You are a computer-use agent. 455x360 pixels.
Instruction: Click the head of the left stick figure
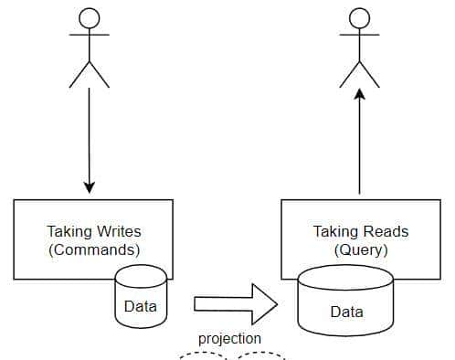[x=89, y=18]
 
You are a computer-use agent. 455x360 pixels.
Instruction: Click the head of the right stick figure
[x=358, y=18]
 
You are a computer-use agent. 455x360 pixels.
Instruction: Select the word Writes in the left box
[x=118, y=232]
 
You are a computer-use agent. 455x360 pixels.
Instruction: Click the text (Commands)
[x=94, y=249]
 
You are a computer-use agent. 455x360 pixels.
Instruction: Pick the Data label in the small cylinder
[x=140, y=306]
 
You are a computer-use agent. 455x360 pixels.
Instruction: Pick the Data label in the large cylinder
[x=346, y=312]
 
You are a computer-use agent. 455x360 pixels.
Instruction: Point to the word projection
[x=229, y=339]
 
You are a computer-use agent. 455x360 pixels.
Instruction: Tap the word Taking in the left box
[x=69, y=232]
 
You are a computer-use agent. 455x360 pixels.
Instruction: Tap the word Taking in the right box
[x=334, y=232]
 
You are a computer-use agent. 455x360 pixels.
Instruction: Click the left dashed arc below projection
[x=202, y=356]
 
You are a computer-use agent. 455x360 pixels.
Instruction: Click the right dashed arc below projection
[x=261, y=356]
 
